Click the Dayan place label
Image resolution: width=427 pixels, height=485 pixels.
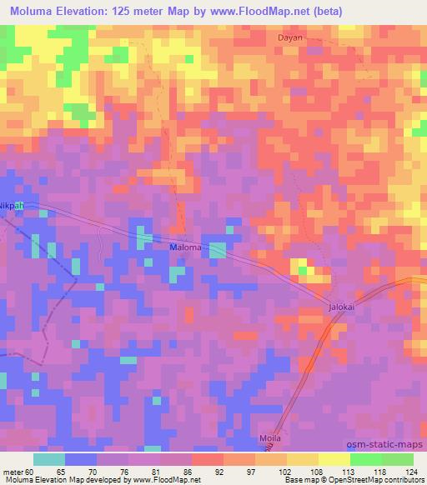click(x=290, y=38)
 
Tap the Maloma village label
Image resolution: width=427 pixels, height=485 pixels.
click(x=185, y=247)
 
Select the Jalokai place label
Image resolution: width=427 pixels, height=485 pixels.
click(x=340, y=308)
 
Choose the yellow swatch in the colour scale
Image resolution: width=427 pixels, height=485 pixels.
click(x=334, y=458)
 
